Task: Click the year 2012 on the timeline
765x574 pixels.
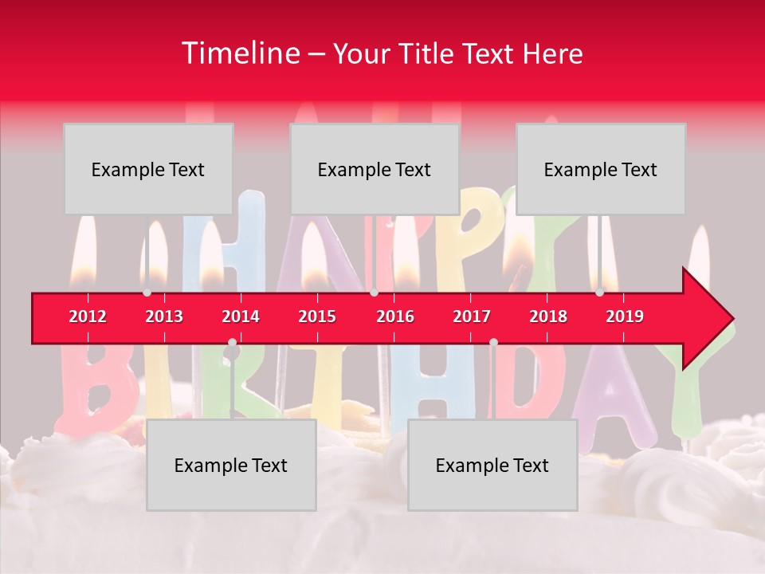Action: point(88,316)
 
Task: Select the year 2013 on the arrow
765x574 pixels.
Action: point(164,316)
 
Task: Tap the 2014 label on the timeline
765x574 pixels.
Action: point(241,316)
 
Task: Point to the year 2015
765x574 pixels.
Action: point(317,316)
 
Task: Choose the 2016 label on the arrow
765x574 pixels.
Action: point(395,316)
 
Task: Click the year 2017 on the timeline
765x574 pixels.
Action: point(472,316)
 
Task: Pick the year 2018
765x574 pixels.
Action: point(548,316)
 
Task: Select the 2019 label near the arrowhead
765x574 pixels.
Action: point(625,316)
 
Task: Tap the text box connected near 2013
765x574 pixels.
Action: point(148,169)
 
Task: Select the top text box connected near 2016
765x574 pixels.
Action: point(375,169)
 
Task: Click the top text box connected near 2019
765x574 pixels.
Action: point(601,169)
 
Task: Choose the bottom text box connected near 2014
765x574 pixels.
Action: point(231,465)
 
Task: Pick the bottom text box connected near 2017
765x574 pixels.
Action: point(492,465)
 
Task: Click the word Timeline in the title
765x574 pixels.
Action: point(239,53)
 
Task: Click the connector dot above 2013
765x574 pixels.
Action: point(147,293)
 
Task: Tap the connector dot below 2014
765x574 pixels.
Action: point(232,343)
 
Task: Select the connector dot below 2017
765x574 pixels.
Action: point(493,343)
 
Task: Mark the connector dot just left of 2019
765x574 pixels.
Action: point(600,293)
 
